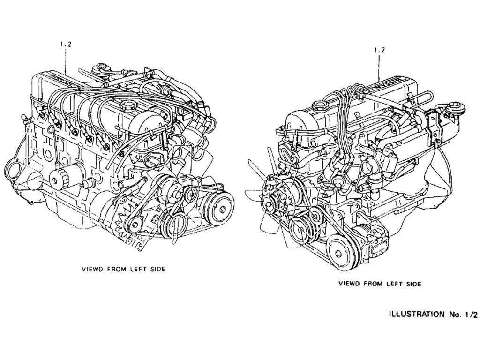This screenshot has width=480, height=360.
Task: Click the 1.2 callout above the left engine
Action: tap(66, 45)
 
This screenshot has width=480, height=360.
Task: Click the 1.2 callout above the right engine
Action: tap(380, 50)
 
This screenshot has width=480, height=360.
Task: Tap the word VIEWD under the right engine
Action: tap(349, 284)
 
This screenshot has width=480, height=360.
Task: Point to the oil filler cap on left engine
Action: tap(127, 104)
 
